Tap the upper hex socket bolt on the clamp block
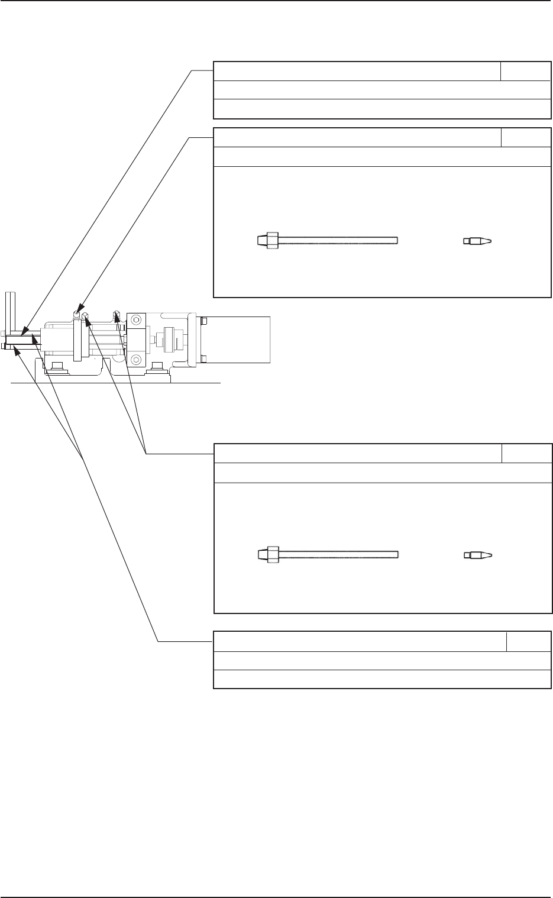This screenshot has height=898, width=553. click(x=137, y=320)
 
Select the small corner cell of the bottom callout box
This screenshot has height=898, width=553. click(x=529, y=642)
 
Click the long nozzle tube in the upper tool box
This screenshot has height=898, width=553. click(x=337, y=240)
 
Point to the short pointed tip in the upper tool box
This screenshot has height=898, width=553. click(x=478, y=241)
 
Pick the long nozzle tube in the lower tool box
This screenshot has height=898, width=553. click(x=337, y=554)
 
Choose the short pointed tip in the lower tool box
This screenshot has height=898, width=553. click(x=478, y=555)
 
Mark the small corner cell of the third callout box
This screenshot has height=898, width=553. click(x=526, y=454)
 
